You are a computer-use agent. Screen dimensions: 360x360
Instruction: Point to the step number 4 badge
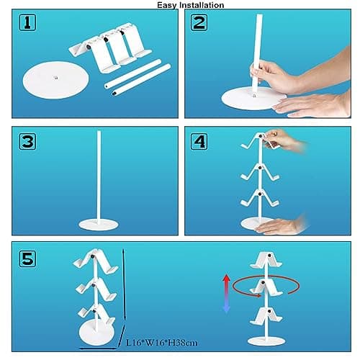pyautogui.click(x=200, y=141)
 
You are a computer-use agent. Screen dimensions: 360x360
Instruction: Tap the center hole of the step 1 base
pyautogui.click(x=57, y=75)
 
